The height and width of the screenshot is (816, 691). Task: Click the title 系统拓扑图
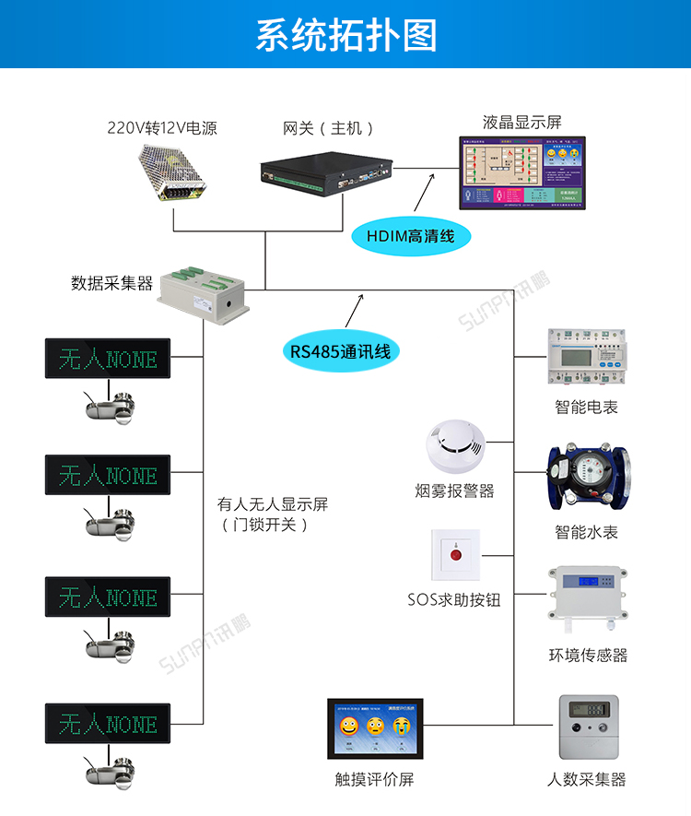point(345,35)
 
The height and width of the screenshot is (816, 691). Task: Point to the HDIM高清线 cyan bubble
point(411,237)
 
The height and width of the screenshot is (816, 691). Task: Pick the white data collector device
point(204,296)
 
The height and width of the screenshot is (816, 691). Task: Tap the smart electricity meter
point(587,356)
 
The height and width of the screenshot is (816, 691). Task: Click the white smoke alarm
point(454,445)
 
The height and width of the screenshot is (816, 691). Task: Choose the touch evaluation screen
point(376,729)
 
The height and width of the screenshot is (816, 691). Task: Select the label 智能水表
point(587,532)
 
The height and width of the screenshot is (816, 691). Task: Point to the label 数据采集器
point(111,283)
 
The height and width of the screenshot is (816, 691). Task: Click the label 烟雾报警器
point(454,491)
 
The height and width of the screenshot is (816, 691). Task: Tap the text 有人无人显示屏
point(272,504)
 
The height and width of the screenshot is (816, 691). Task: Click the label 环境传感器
point(587,656)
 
